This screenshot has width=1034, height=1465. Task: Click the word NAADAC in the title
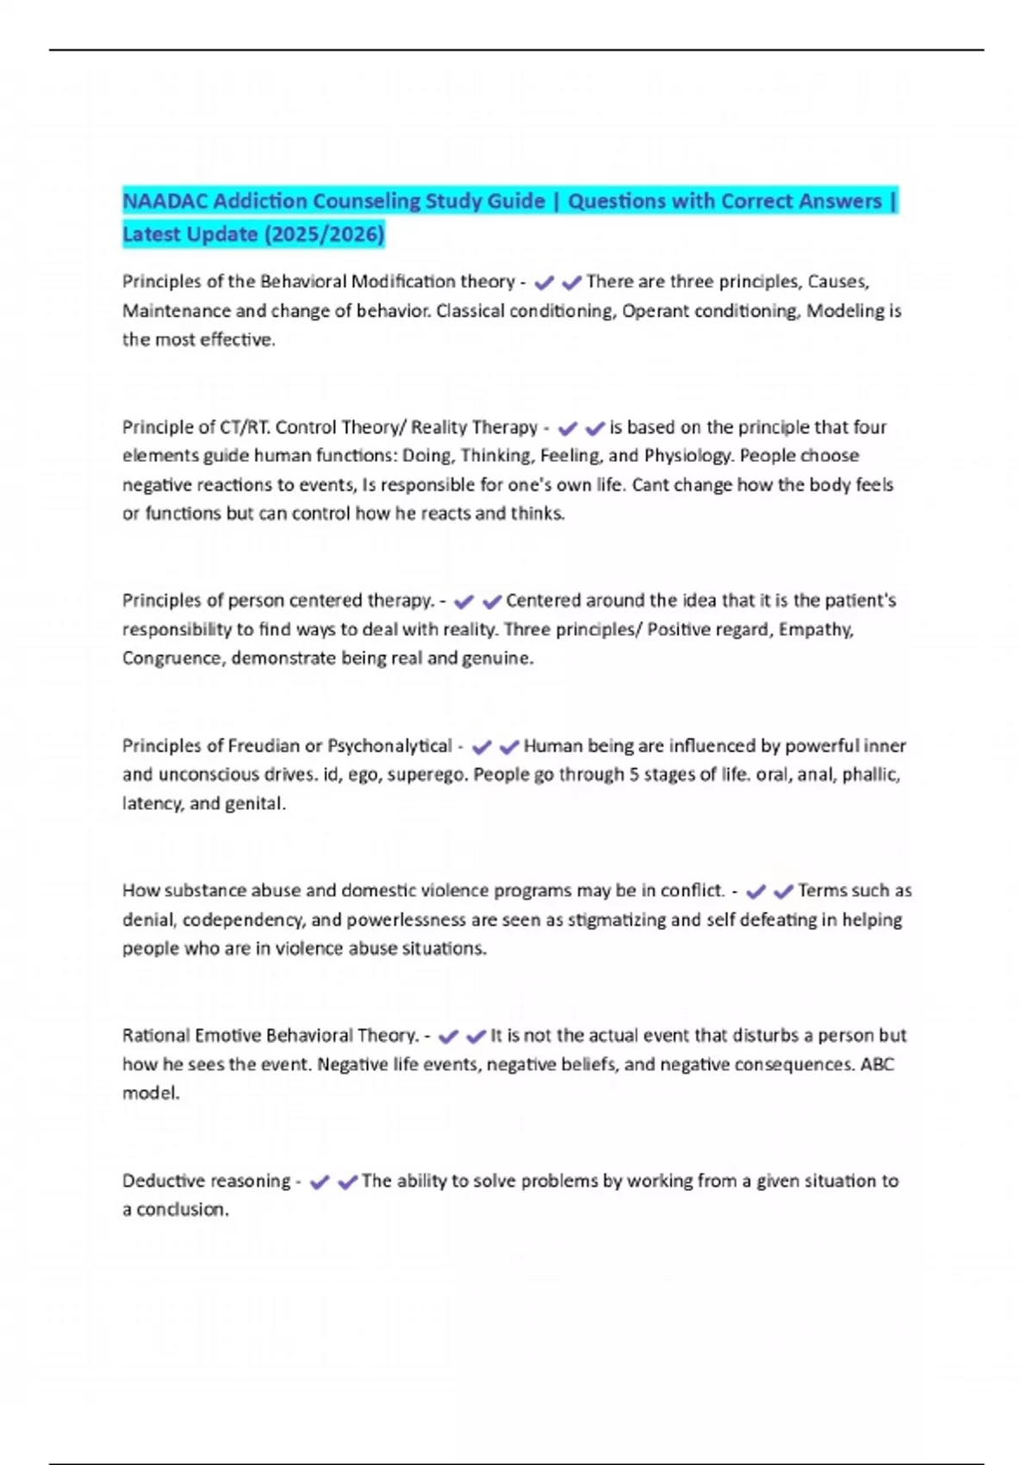[x=165, y=202]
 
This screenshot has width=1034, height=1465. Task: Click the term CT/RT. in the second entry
[x=245, y=427]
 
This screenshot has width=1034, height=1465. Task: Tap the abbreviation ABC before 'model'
[x=877, y=1065]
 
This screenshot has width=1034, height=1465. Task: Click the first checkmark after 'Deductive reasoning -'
[x=320, y=1182]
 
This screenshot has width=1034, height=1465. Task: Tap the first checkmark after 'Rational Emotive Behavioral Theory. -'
[x=448, y=1037]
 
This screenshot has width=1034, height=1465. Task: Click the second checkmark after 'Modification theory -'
[x=571, y=283]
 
